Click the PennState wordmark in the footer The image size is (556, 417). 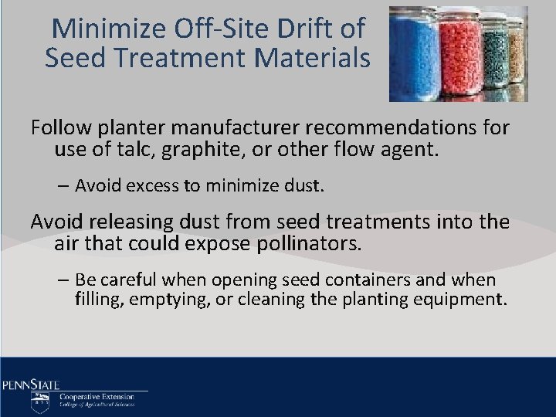pos(31,384)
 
